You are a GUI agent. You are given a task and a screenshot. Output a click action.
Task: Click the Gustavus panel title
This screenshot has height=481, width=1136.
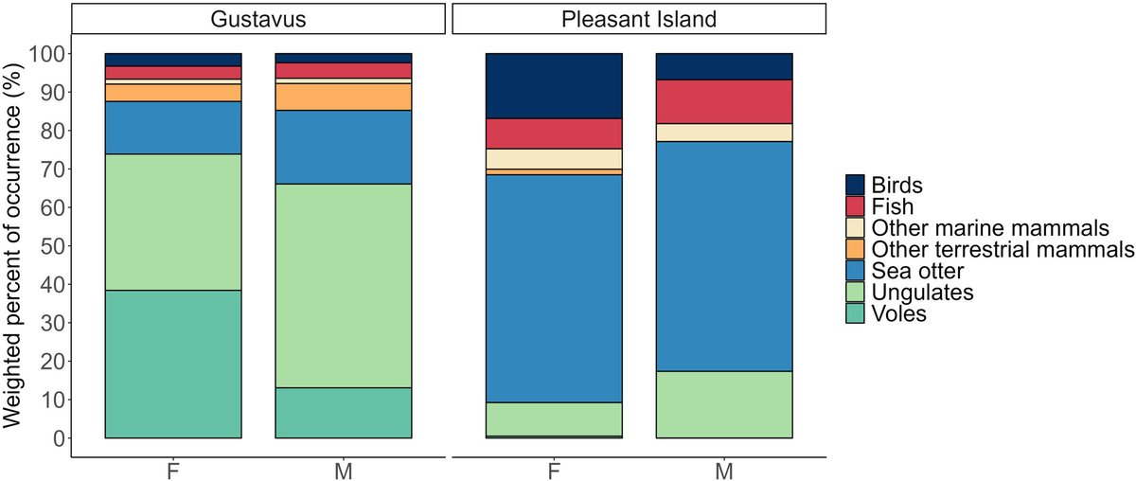click(x=257, y=19)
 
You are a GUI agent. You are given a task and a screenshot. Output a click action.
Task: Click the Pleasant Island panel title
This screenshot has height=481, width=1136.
click(x=639, y=19)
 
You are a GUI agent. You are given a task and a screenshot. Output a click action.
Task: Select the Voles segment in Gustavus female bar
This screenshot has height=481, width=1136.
click(x=173, y=364)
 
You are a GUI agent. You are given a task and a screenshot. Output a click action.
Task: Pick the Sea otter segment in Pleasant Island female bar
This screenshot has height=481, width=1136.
click(x=553, y=289)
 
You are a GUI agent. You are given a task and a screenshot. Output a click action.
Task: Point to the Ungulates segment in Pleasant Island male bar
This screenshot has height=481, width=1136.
click(x=724, y=404)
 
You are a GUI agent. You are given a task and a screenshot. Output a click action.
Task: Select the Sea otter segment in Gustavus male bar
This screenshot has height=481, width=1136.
click(x=344, y=147)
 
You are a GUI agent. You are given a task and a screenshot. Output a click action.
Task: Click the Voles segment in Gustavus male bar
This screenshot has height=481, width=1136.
click(x=344, y=413)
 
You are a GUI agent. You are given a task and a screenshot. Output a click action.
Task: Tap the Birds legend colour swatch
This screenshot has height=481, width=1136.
click(x=855, y=185)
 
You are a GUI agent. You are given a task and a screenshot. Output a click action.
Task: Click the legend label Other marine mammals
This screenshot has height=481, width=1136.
click(x=989, y=227)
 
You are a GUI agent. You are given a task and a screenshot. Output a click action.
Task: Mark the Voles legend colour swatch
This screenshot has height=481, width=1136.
click(x=855, y=313)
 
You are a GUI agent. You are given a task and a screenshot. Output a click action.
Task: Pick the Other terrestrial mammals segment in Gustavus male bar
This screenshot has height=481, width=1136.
click(x=344, y=97)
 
